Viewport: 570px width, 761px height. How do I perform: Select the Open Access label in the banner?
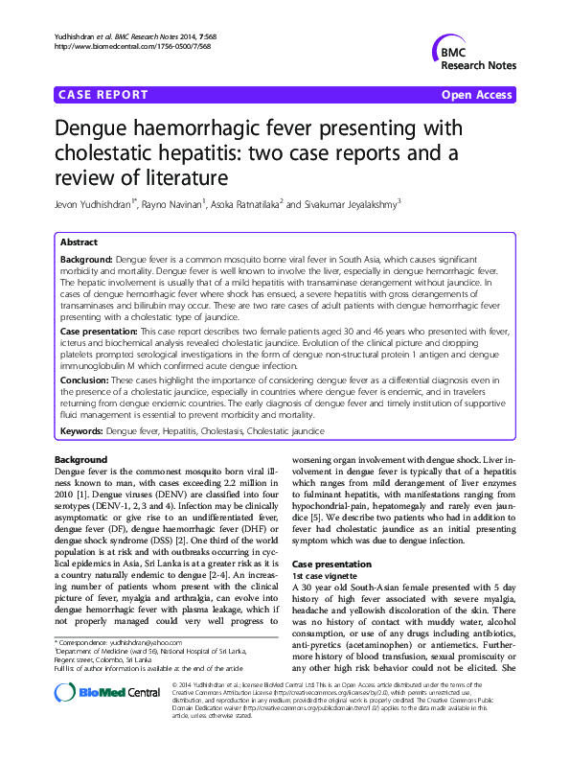[x=477, y=95]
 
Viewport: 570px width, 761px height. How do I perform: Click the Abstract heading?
[x=79, y=242]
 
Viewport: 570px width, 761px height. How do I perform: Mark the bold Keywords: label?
[x=81, y=431]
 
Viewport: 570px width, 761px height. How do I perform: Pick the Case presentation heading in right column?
[x=331, y=565]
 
